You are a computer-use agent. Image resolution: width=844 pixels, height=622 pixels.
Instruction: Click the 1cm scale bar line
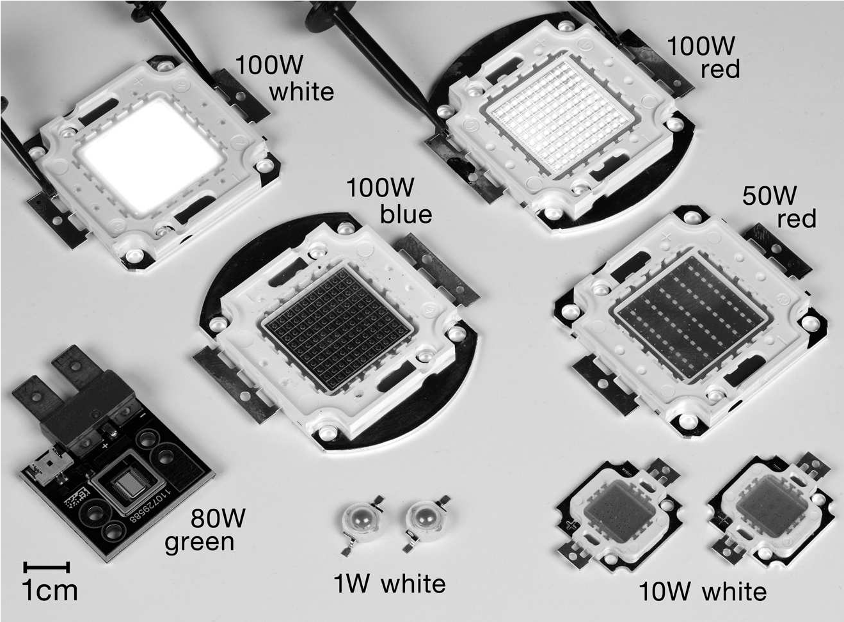tap(46, 567)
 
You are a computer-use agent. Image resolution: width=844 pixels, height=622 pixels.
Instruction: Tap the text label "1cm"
tap(50, 591)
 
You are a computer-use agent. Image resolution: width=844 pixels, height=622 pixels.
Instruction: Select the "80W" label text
tap(218, 518)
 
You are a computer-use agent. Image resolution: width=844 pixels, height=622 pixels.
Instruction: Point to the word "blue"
tap(406, 214)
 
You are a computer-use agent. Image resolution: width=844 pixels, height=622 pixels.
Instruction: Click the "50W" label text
tap(769, 196)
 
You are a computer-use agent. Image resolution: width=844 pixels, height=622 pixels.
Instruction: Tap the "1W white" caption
tap(390, 584)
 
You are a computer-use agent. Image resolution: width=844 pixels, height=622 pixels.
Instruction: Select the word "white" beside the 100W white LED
tap(301, 92)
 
